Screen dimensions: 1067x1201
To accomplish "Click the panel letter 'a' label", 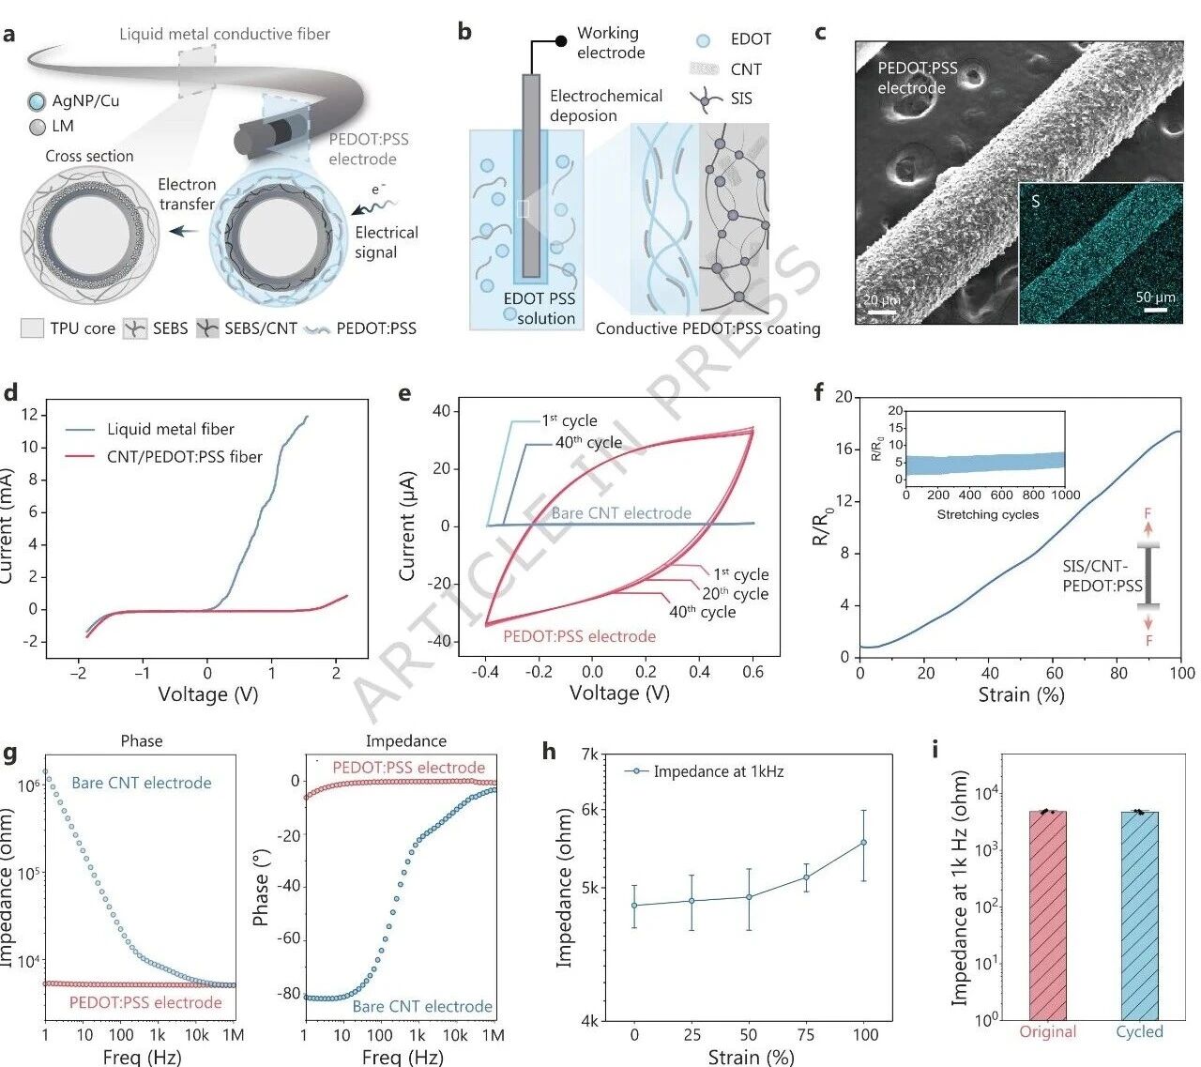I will click(x=9, y=36).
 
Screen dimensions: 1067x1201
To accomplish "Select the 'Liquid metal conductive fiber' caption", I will click(x=224, y=35).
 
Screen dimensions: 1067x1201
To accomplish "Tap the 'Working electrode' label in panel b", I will click(x=610, y=43).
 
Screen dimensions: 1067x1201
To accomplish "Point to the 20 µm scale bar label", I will click(x=882, y=300).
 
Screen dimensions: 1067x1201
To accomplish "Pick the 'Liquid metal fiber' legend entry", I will click(x=170, y=430).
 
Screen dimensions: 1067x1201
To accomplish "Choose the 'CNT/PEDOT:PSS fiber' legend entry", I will click(x=184, y=457).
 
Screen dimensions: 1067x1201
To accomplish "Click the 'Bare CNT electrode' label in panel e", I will click(x=621, y=513).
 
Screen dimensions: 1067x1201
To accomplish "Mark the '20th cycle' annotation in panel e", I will click(x=735, y=594).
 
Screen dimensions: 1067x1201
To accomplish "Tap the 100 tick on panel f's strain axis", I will click(x=1181, y=672).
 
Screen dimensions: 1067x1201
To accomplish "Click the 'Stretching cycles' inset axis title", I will click(x=987, y=514).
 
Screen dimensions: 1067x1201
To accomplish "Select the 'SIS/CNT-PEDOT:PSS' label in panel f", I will click(x=1102, y=576).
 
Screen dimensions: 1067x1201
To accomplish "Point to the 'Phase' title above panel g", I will click(x=142, y=741).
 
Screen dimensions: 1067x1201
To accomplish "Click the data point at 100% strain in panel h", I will click(x=863, y=843).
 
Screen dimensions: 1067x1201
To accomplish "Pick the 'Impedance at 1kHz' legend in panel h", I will click(x=718, y=772).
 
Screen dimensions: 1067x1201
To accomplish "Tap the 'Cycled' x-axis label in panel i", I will click(x=1139, y=1032).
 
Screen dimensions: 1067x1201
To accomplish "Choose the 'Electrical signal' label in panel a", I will click(x=386, y=242).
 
